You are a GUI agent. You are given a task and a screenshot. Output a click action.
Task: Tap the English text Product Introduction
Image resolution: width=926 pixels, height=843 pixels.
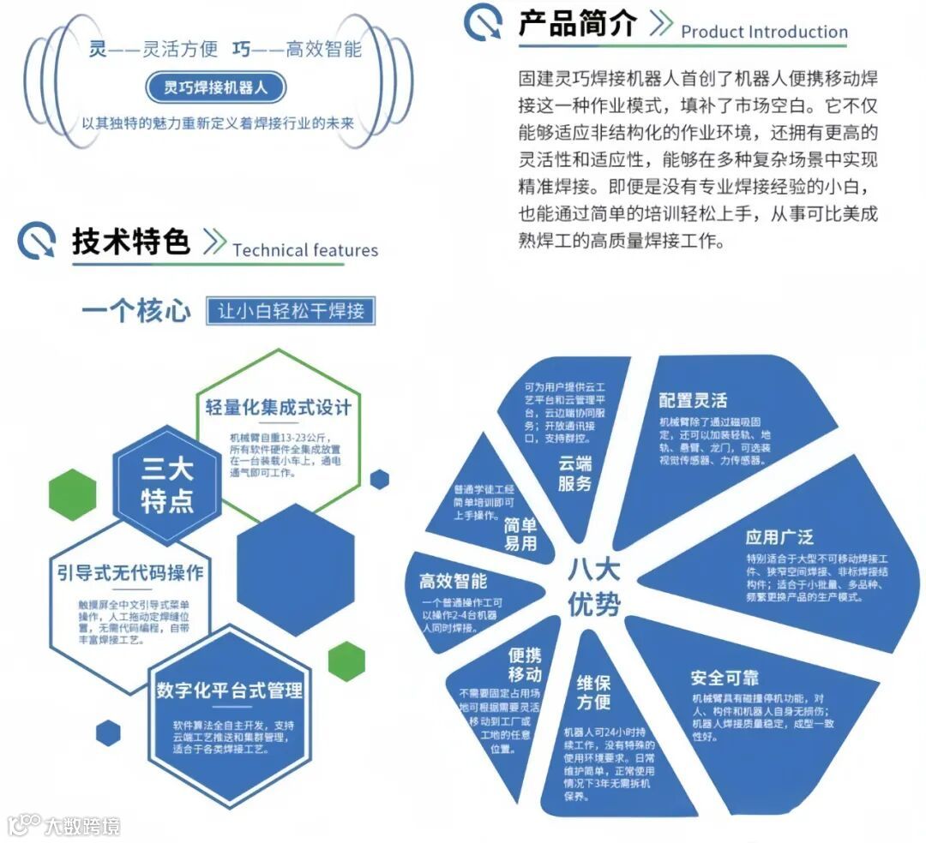(x=764, y=33)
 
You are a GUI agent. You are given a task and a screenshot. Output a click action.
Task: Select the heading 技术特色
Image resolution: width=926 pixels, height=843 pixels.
(x=130, y=242)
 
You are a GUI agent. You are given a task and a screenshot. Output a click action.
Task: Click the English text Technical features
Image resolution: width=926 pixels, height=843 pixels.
(x=304, y=250)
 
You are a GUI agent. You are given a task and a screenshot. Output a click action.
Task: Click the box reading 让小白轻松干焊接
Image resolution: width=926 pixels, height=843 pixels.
(x=292, y=310)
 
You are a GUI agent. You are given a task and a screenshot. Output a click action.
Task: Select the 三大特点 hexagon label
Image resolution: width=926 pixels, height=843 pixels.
(x=166, y=484)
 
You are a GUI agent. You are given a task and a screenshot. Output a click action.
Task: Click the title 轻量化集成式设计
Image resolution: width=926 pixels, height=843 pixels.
(x=278, y=406)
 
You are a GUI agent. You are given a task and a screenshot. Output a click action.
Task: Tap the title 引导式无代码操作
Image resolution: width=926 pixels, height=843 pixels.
(x=129, y=571)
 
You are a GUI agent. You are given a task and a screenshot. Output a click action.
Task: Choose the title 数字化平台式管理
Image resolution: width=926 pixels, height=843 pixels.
(x=230, y=689)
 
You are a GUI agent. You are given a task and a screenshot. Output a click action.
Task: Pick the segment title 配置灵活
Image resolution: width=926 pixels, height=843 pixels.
(x=693, y=400)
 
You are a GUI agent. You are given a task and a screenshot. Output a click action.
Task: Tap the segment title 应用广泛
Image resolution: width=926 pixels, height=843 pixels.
(x=779, y=537)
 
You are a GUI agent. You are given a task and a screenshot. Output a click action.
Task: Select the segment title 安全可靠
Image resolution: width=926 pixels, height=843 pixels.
(x=725, y=678)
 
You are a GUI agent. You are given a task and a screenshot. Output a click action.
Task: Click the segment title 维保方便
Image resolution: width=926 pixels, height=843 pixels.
(x=593, y=692)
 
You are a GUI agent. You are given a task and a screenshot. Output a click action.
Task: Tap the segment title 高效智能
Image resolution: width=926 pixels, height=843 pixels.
(x=453, y=582)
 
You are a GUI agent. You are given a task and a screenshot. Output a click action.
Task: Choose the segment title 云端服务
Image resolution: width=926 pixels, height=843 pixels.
(x=575, y=474)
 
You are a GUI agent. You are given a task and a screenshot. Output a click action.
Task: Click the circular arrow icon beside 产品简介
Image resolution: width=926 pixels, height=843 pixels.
(x=483, y=24)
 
